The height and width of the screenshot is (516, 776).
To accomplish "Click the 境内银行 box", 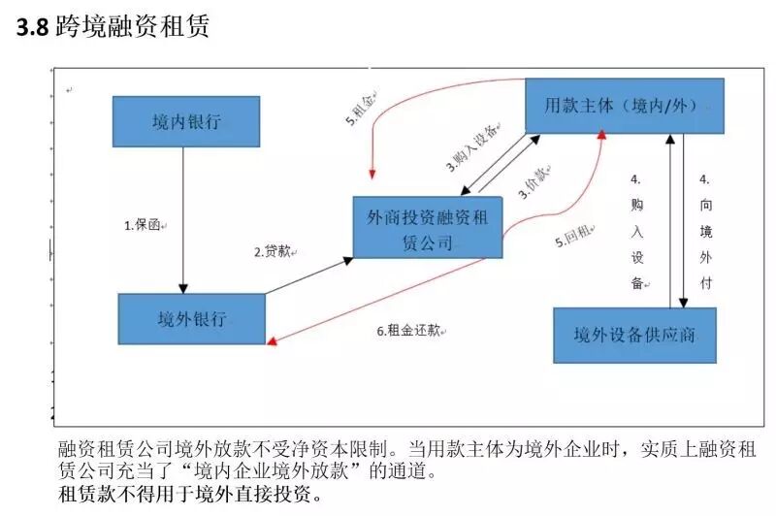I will click(186, 121).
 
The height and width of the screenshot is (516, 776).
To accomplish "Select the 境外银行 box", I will click(191, 318).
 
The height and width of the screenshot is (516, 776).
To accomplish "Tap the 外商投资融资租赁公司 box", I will click(428, 229).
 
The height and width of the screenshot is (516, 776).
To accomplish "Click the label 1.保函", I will click(145, 225).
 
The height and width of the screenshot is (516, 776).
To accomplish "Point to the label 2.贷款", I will click(274, 252).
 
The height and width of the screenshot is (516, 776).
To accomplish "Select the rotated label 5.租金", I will click(361, 108).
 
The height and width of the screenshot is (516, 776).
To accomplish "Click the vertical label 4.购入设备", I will click(636, 231).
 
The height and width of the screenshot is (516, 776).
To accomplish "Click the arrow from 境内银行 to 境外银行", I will click(184, 218).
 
